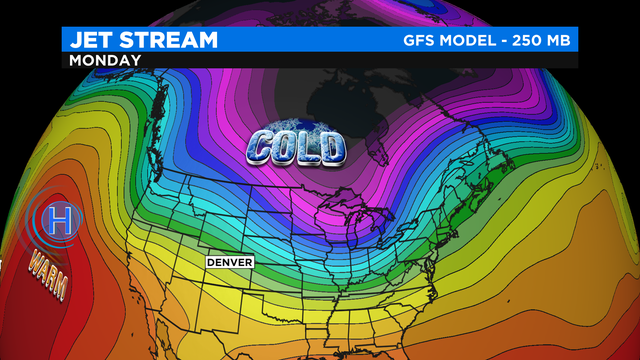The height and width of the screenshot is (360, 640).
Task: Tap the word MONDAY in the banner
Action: [104, 60]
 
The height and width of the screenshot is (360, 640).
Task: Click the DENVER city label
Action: [229, 262]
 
